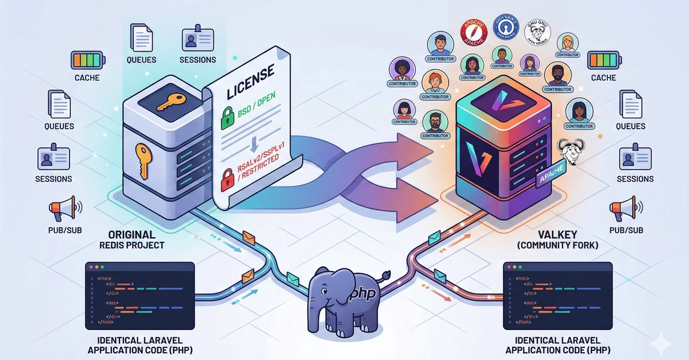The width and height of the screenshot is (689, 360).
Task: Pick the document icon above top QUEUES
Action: point(141,37)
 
